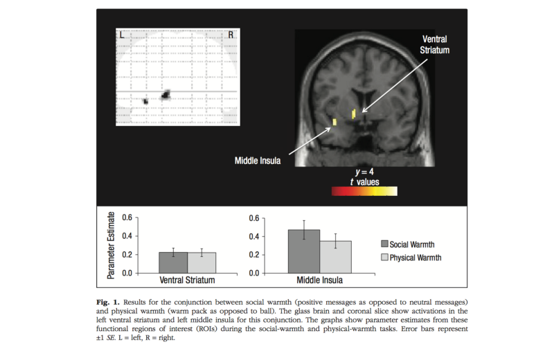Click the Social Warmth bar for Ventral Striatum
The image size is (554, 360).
(173, 262)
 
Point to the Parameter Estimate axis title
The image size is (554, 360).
(111, 245)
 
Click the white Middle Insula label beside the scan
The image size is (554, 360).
(258, 161)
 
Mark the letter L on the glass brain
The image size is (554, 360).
(122, 34)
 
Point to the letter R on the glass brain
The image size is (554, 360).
(231, 34)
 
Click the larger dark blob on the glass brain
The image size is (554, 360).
(166, 95)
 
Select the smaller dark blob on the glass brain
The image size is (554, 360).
(145, 101)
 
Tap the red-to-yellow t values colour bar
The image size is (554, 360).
(364, 191)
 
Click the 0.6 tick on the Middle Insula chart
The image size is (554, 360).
(255, 218)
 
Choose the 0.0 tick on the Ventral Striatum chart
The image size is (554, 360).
(127, 273)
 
